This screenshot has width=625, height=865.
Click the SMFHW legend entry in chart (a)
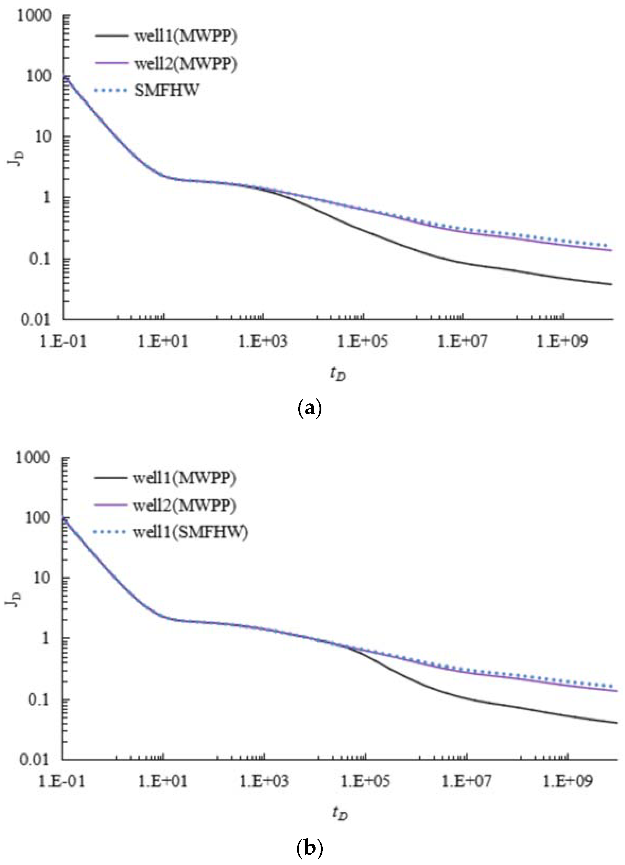[167, 91]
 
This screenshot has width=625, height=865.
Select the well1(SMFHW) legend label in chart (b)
[191, 532]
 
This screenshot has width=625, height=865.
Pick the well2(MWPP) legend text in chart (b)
[185, 505]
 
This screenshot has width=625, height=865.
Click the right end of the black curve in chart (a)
[611, 285]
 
